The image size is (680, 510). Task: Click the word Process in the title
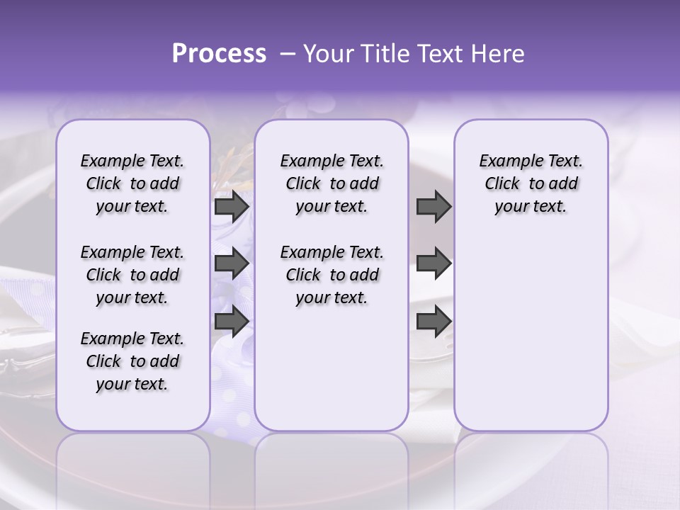219,54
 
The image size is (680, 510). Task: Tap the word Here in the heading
498,54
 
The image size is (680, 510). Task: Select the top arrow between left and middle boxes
232,207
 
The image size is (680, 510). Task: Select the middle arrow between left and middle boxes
232,263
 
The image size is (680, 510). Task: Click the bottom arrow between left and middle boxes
232,321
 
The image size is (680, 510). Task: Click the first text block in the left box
132,183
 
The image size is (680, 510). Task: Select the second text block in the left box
132,275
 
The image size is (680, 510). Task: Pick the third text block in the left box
132,361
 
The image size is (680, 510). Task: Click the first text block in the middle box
332,183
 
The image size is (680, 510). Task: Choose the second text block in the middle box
332,275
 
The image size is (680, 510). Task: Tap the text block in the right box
531,183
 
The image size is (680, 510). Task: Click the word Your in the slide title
329,54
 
